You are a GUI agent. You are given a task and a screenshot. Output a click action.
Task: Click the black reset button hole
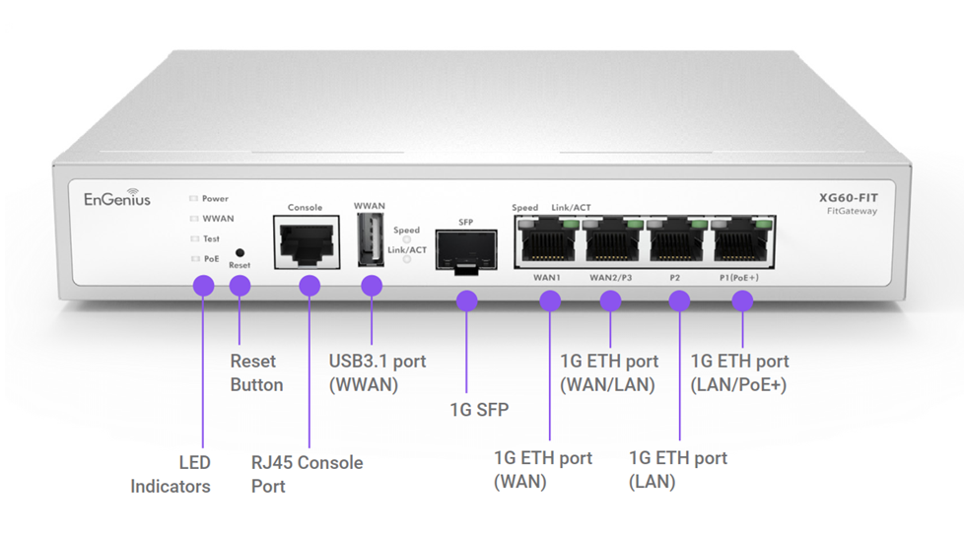point(240,253)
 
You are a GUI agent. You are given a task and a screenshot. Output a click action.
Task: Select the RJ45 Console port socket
point(305,243)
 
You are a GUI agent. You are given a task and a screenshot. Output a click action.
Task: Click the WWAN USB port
point(370,241)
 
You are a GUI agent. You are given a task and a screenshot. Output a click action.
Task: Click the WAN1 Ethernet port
point(546,240)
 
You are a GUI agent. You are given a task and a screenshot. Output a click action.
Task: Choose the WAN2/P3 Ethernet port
point(611,240)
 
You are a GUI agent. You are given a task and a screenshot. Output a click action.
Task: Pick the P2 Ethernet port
point(676,240)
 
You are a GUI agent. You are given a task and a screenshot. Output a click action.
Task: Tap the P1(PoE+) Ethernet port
point(740,240)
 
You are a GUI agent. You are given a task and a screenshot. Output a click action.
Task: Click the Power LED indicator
point(194,198)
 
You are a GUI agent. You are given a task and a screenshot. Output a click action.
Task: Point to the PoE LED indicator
point(194,259)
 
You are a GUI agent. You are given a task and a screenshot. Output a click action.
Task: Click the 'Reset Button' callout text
point(256,373)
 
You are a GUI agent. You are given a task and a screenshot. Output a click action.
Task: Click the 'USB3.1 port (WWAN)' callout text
point(378,372)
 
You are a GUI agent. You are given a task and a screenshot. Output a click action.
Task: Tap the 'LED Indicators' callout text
point(172,474)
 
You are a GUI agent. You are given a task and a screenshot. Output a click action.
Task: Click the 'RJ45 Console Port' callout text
point(307,474)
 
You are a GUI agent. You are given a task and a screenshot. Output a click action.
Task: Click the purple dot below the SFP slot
point(466,301)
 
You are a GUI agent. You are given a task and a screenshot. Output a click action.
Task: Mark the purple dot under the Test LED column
point(203,286)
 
